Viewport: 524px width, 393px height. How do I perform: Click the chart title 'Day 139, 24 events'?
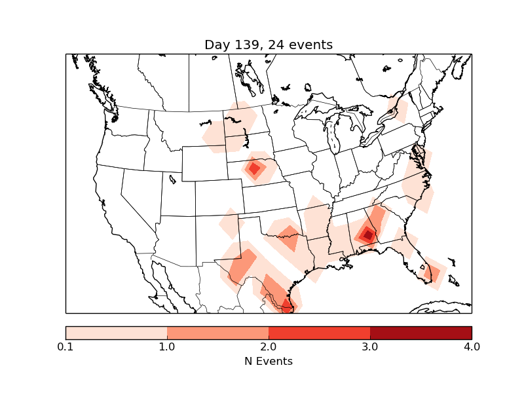[269, 45]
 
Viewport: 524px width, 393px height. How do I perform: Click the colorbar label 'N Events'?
[269, 361]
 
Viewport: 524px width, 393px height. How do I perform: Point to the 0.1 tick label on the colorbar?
[65, 346]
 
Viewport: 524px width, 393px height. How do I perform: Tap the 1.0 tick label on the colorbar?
[167, 346]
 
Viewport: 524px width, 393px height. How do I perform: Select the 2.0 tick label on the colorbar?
[269, 346]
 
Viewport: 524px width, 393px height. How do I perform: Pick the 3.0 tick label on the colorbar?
[370, 346]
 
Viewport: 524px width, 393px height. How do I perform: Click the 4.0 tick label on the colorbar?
[472, 346]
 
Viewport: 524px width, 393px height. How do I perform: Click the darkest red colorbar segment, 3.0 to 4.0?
[421, 333]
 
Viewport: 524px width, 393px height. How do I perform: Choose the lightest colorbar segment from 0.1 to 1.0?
[116, 333]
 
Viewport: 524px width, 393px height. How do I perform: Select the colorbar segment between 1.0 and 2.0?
[217, 333]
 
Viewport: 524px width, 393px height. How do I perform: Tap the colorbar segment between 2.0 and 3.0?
[319, 333]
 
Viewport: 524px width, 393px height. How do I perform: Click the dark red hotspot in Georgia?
[368, 234]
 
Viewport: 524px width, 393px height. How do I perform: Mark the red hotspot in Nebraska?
[254, 169]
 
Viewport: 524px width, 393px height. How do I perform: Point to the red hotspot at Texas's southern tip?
[287, 305]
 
